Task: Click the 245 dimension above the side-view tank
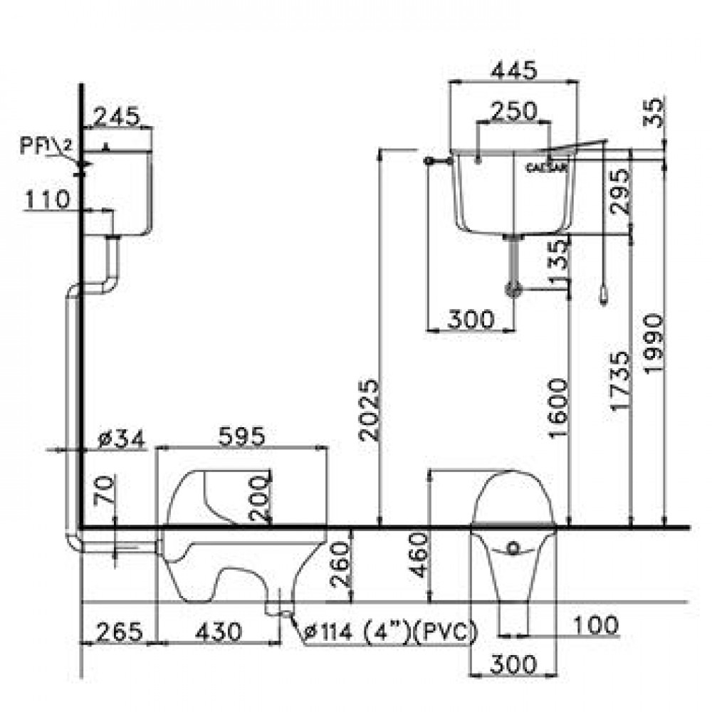pos(117,116)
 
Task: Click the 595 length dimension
pos(241,436)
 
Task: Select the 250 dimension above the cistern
pos(513,111)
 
